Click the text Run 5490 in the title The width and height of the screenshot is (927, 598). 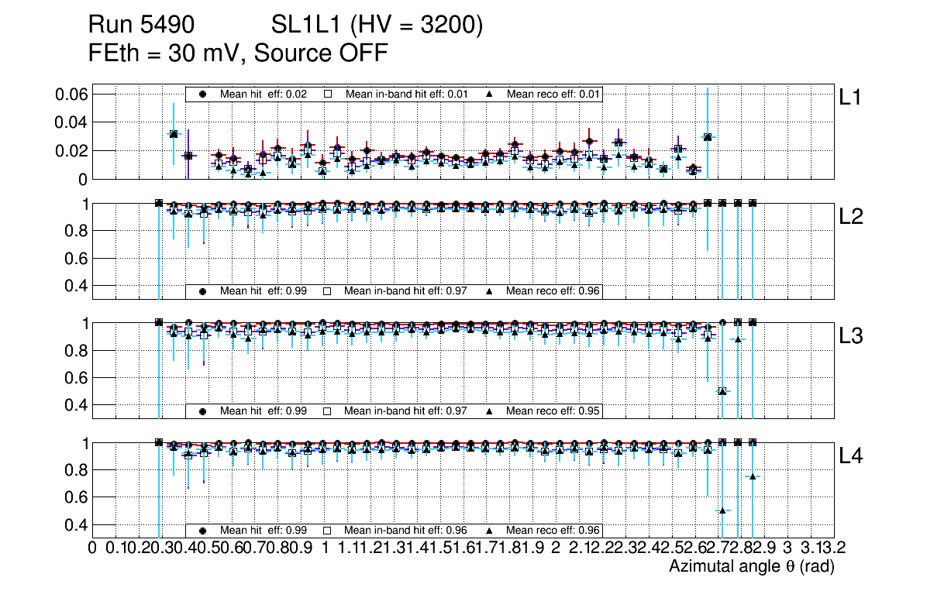(x=140, y=26)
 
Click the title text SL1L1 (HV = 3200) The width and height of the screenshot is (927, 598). (x=377, y=26)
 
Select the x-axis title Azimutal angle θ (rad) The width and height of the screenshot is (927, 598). (x=751, y=566)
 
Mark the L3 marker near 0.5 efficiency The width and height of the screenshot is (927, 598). (x=722, y=391)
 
